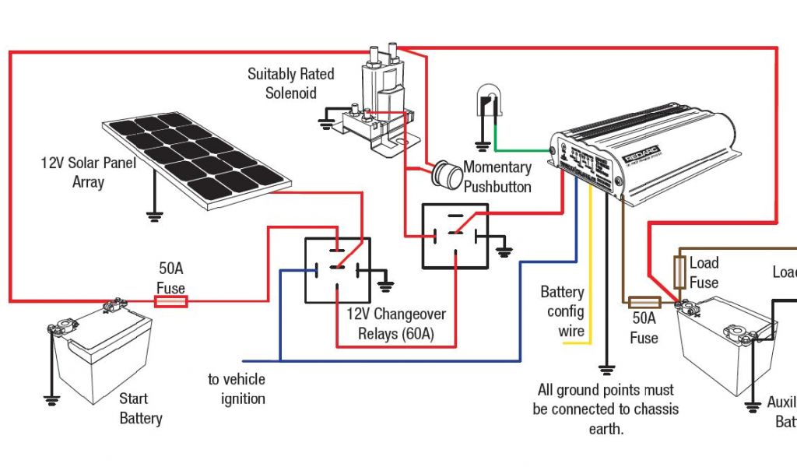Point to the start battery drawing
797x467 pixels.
click(x=97, y=350)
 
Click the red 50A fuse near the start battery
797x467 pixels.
click(x=170, y=301)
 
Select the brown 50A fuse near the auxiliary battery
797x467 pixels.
click(x=644, y=302)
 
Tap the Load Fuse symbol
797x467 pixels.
click(x=679, y=272)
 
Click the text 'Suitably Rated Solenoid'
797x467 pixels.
click(x=291, y=83)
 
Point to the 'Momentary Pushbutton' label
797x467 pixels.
click(x=497, y=177)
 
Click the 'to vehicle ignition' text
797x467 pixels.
click(x=237, y=389)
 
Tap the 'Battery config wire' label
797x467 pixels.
click(x=562, y=311)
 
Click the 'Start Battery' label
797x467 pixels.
click(x=141, y=409)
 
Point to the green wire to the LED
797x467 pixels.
click(x=521, y=149)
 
